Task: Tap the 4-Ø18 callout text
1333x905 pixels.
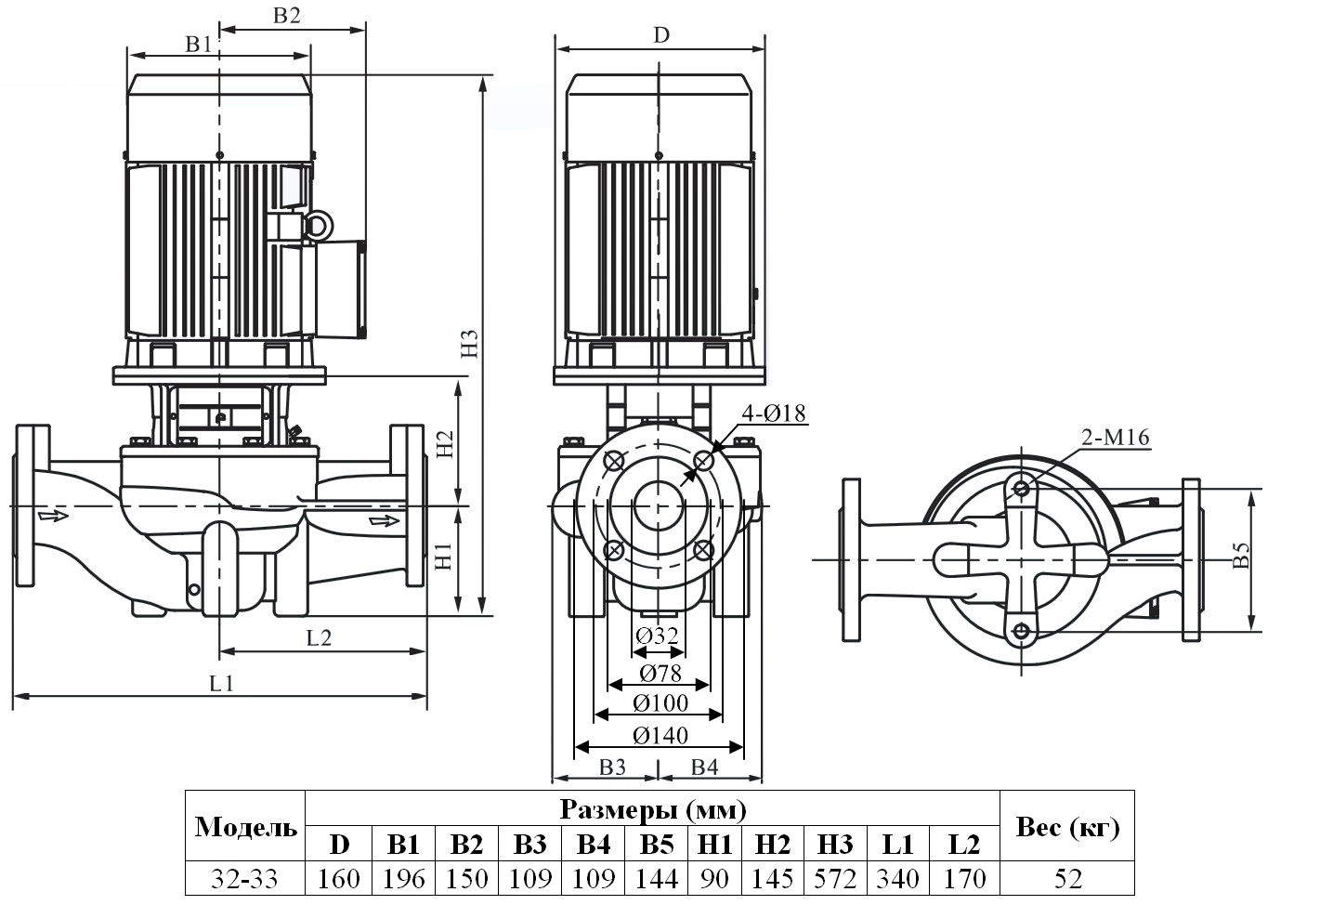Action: coord(774,413)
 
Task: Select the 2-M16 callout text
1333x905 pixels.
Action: coord(1115,438)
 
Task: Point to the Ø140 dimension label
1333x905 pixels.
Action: coord(660,736)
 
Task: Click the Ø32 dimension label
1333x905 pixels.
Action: coord(657,636)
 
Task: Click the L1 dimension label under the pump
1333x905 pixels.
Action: coord(221,684)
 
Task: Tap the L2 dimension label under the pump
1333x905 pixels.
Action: coord(319,637)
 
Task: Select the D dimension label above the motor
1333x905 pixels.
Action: coord(660,35)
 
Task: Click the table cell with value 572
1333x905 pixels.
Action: coord(834,878)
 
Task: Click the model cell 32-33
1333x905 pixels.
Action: coord(245,878)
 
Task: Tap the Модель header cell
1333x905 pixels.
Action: coord(246,827)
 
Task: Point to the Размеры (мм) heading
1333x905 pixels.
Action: coord(652,810)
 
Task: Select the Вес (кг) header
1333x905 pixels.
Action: coord(1067,827)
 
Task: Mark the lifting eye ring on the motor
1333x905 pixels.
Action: coord(318,225)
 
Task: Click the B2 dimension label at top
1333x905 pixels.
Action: coord(287,15)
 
